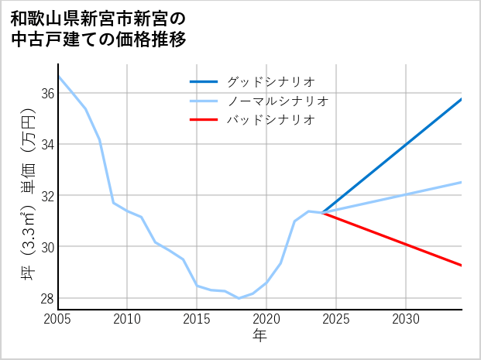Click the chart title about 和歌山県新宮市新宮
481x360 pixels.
(98, 29)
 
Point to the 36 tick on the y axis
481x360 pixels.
(46, 93)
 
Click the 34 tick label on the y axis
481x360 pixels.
(46, 145)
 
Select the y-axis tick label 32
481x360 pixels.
(46, 196)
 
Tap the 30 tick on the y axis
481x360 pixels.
(46, 247)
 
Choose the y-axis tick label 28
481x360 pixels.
(46, 299)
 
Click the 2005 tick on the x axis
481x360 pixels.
(58, 320)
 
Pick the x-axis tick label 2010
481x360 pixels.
(128, 320)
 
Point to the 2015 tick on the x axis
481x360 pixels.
(197, 320)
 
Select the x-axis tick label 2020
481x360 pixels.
(266, 320)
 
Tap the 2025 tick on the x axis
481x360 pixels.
(336, 320)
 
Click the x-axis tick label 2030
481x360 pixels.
(406, 320)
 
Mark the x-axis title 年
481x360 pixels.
(260, 336)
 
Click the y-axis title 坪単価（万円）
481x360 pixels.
(28, 197)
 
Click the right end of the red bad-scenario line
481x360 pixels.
(462, 266)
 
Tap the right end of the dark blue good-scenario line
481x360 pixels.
(462, 99)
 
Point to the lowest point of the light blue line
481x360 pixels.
(239, 298)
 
